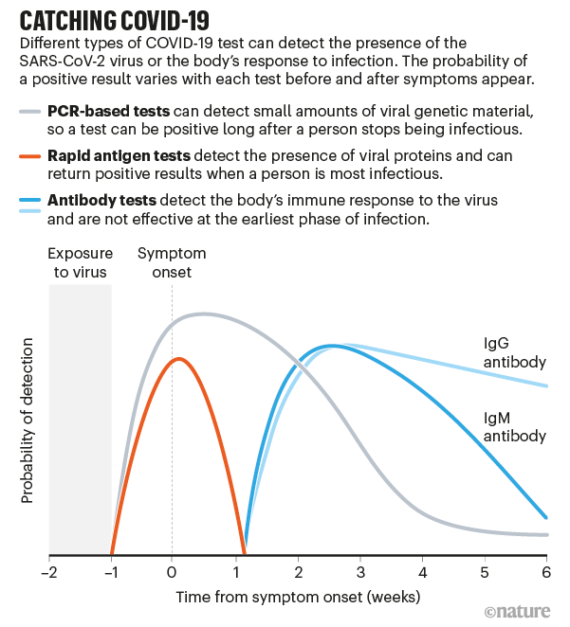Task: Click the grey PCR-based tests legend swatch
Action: click(31, 111)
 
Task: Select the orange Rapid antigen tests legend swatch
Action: click(31, 154)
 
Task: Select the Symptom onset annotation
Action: click(172, 262)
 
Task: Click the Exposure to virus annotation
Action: click(81, 262)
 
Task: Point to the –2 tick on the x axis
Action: click(49, 573)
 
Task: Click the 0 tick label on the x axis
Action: click(172, 573)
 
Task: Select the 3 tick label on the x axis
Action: click(360, 573)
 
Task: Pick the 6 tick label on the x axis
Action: click(547, 573)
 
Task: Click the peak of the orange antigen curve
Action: click(177, 359)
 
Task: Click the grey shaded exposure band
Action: click(81, 417)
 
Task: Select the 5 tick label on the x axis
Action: click(485, 573)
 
